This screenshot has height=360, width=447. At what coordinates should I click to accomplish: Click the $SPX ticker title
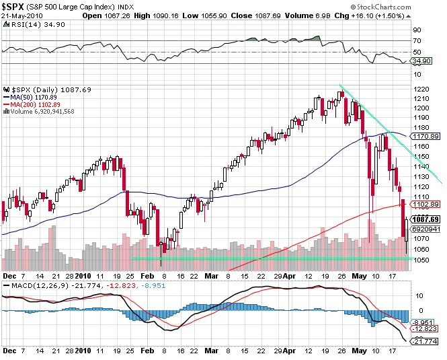click(17, 6)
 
